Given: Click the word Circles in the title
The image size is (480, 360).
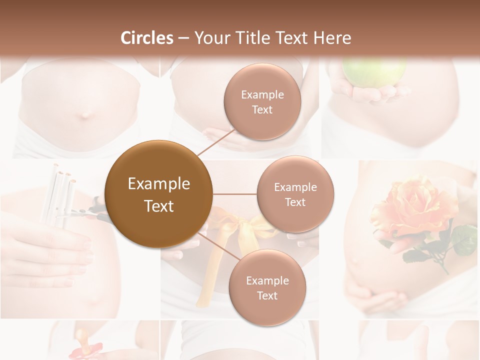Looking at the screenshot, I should [147, 38].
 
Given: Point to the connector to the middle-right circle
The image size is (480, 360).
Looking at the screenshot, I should [235, 194].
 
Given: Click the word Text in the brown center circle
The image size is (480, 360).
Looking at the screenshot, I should [158, 206].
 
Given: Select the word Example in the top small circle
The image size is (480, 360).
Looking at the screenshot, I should [262, 95].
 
